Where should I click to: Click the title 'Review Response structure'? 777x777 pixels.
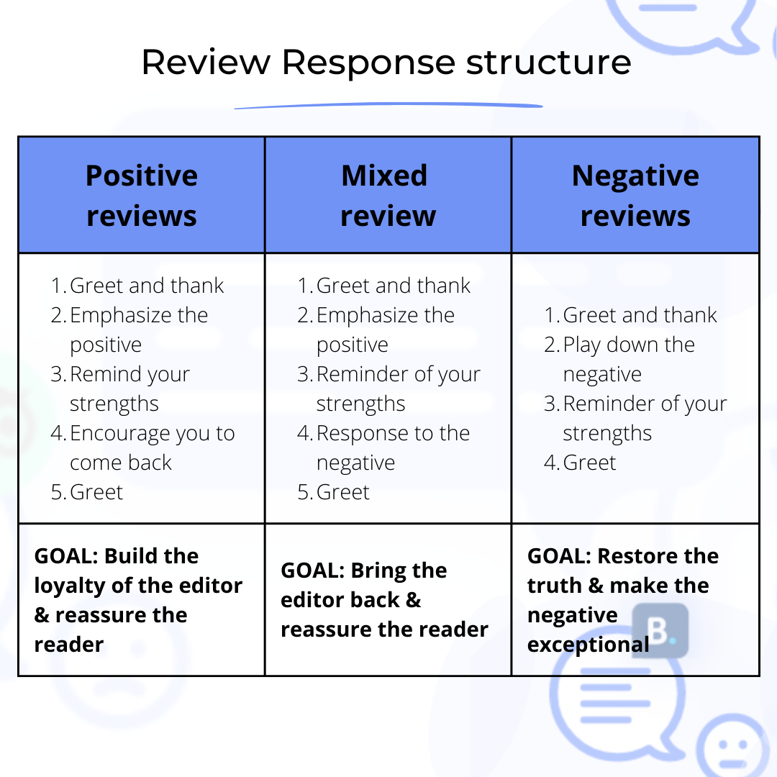[386, 62]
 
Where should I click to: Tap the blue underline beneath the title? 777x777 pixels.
[388, 106]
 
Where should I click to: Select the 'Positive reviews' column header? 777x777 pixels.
[142, 195]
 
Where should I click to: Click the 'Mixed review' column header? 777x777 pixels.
[388, 195]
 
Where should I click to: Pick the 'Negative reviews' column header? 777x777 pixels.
[635, 195]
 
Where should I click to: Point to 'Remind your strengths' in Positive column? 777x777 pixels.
[129, 388]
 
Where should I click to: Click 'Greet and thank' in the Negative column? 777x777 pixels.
[640, 315]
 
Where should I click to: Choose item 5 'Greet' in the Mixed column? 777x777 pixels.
[343, 492]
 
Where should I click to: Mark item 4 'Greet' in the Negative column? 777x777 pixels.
[589, 463]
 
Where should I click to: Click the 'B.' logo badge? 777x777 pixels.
[660, 630]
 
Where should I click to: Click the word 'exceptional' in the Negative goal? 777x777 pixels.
[588, 645]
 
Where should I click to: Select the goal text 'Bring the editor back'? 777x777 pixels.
[363, 586]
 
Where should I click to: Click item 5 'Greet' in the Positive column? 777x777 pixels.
[96, 492]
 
